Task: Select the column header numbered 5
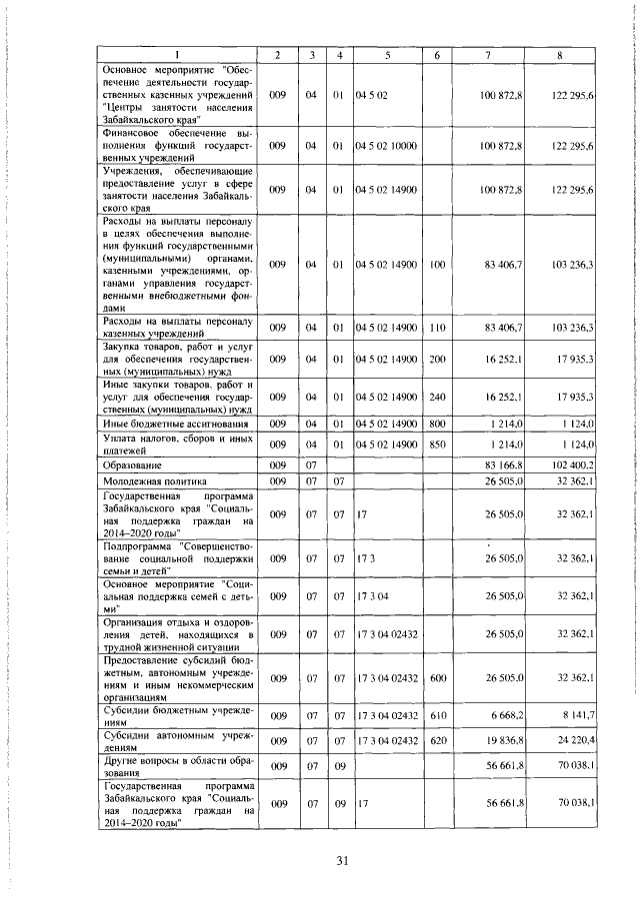386,53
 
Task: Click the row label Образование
130,464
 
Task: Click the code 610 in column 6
437,715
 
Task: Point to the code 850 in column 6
437,444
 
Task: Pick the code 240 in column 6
437,397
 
